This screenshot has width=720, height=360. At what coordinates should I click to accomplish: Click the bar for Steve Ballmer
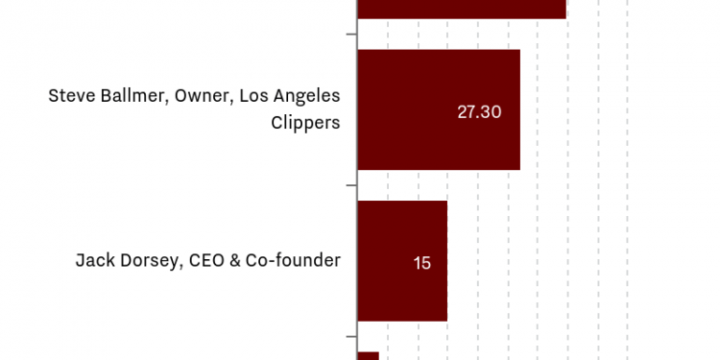coord(438,109)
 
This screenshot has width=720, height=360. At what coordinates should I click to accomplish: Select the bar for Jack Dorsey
coord(402,260)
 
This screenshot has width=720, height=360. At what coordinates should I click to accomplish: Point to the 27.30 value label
coord(479,111)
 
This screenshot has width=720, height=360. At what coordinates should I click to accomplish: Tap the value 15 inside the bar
coord(422,262)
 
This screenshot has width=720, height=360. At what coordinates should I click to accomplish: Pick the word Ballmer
coord(134,97)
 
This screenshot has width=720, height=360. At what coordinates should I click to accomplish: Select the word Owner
coord(202,97)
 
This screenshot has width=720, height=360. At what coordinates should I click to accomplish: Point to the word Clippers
coord(305,123)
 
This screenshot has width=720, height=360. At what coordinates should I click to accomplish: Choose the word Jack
coord(96,260)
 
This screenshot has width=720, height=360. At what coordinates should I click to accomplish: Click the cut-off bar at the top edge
coord(462,8)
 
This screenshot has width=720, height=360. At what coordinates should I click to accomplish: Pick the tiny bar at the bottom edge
coord(368,355)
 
